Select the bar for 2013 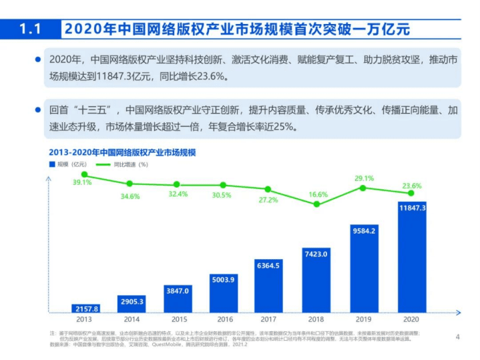[85, 309]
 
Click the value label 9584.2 [363, 231]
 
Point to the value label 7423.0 [316, 254]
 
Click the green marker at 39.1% [85, 175]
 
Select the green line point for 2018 [316, 204]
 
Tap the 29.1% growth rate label [363, 178]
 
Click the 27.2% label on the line [268, 200]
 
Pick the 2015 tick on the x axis [177, 320]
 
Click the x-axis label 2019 [363, 320]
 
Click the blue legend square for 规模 [51, 164]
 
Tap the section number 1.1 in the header [31, 29]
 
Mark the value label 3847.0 [177, 291]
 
